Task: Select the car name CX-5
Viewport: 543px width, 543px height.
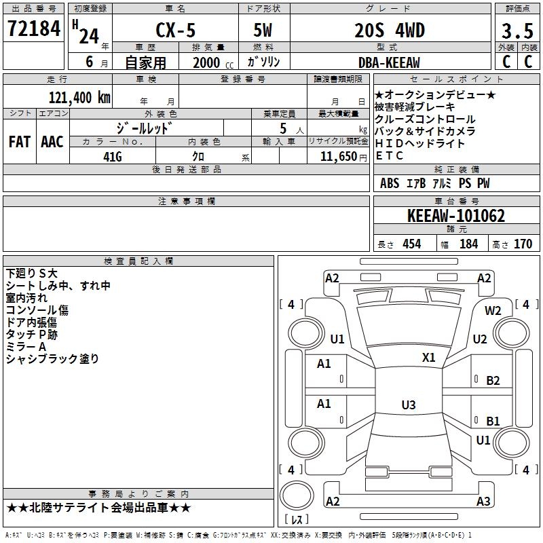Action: (174, 31)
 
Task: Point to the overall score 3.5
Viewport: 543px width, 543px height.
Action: (517, 31)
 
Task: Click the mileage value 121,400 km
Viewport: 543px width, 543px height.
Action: (79, 97)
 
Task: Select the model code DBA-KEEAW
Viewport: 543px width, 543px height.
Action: (389, 62)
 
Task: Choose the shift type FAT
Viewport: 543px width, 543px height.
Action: (19, 142)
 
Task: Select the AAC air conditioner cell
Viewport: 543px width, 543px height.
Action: (52, 142)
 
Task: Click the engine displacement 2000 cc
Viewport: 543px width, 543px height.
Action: (206, 62)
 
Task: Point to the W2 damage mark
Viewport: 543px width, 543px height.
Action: (493, 310)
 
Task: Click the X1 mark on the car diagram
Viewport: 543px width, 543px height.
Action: (429, 357)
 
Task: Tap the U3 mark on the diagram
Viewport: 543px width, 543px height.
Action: (408, 405)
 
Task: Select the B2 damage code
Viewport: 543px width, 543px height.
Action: (493, 381)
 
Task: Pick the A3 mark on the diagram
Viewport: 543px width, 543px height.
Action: (483, 502)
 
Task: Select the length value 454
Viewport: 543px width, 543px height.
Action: (411, 244)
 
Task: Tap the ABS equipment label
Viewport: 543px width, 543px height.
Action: (390, 183)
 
